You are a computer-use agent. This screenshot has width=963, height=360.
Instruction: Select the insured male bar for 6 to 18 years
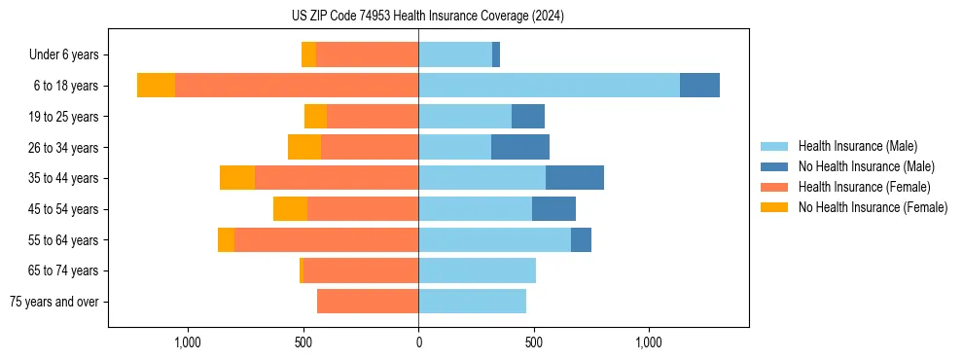[x=549, y=86]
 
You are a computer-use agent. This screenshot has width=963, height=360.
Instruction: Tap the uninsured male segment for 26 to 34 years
[x=520, y=147]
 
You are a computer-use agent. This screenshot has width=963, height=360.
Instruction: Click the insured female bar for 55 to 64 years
[x=326, y=240]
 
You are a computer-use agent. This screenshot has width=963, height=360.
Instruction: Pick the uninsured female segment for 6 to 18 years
[x=156, y=86]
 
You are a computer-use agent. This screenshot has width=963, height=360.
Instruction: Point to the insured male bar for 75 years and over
[x=472, y=302]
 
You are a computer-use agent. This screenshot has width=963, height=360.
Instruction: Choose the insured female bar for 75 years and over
[x=368, y=302]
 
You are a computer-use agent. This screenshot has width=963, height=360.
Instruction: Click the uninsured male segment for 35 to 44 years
[x=575, y=178]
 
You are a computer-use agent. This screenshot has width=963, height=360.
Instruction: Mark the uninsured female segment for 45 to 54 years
[x=290, y=209]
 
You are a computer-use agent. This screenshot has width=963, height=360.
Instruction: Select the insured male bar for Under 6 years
[x=455, y=54]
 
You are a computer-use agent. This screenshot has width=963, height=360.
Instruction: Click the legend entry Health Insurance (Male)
[x=857, y=146]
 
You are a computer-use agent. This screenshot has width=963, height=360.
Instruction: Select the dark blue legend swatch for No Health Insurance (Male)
[x=774, y=166]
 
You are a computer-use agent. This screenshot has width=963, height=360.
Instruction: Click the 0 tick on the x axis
[x=418, y=342]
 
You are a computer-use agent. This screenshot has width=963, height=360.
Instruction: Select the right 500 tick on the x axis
[x=533, y=342]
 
